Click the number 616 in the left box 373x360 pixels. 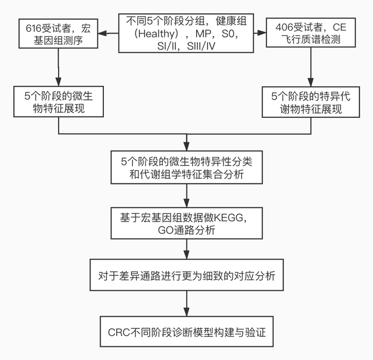click(32, 27)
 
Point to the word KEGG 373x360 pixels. click(228, 218)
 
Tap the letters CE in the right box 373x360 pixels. click(339, 26)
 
